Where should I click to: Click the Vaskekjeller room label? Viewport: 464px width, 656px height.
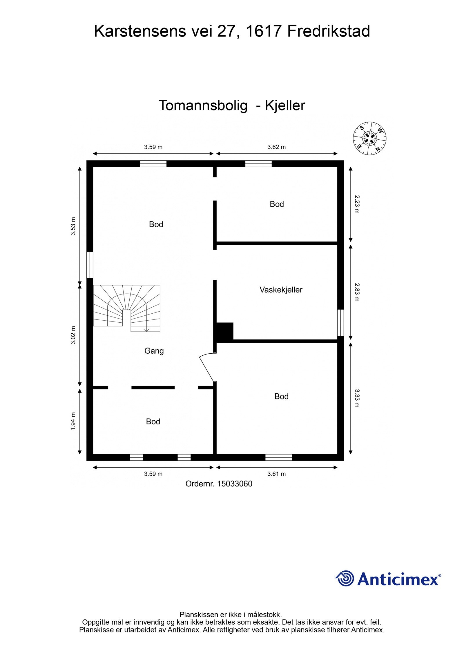pyautogui.click(x=281, y=290)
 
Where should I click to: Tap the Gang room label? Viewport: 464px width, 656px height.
pyautogui.click(x=154, y=351)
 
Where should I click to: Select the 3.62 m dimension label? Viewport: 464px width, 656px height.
pyautogui.click(x=276, y=147)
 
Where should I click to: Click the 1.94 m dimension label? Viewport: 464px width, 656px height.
pyautogui.click(x=73, y=421)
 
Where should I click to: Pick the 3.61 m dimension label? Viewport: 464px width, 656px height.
pyautogui.click(x=276, y=474)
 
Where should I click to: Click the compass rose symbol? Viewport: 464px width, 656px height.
pyautogui.click(x=369, y=138)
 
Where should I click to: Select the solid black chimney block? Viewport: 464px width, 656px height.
pyautogui.click(x=224, y=331)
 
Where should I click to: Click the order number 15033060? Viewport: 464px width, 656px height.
pyautogui.click(x=235, y=484)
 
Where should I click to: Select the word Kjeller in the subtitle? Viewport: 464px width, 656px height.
pyautogui.click(x=285, y=106)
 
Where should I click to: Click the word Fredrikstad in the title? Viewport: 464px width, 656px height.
pyautogui.click(x=328, y=31)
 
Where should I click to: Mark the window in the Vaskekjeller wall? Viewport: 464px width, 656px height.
pyautogui.click(x=340, y=323)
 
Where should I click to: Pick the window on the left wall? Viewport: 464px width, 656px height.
pyautogui.click(x=90, y=265)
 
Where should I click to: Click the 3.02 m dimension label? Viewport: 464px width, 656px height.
pyautogui.click(x=73, y=335)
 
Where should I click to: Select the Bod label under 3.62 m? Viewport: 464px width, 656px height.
pyautogui.click(x=277, y=204)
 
